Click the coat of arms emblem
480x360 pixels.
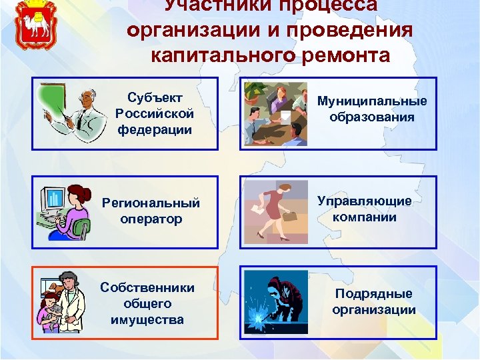(33, 25)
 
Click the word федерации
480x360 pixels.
(154, 129)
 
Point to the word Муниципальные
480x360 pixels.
(372, 101)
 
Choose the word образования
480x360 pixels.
(372, 117)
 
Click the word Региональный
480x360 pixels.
(150, 203)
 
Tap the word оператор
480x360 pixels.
(151, 219)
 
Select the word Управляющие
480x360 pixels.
(365, 201)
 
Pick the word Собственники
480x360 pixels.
(147, 287)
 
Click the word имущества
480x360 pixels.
(147, 319)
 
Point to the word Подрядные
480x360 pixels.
(373, 293)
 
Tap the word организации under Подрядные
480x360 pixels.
(373, 309)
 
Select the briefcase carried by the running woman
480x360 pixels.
(289, 216)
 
